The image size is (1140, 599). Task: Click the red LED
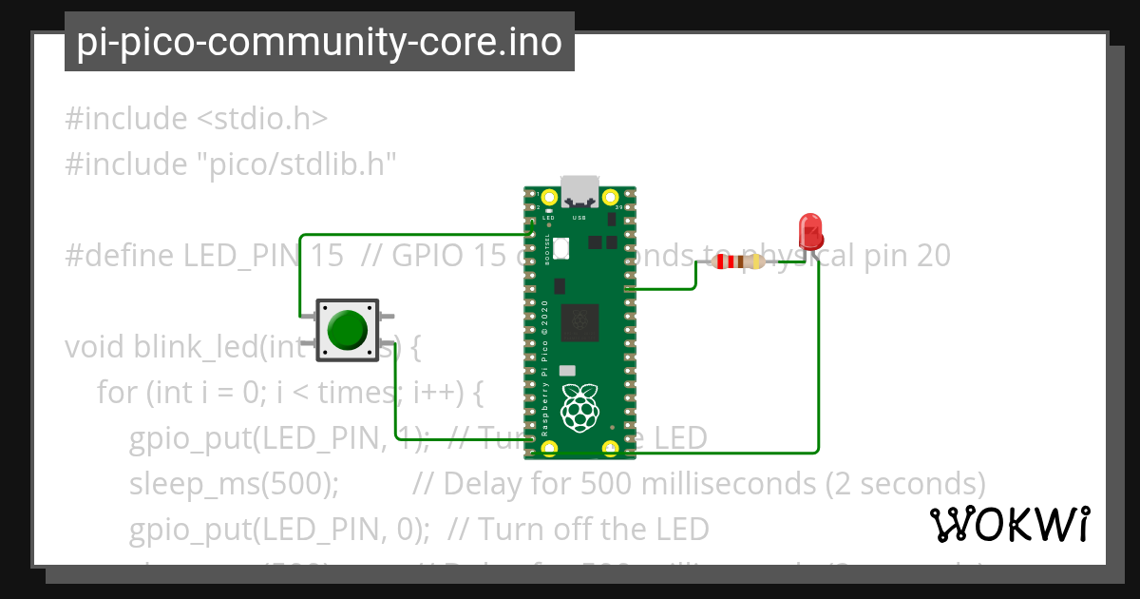tap(810, 231)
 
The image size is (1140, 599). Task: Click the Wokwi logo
tap(1009, 524)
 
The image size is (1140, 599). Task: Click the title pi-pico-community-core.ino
tap(319, 43)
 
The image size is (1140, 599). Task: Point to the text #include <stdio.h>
tap(197, 119)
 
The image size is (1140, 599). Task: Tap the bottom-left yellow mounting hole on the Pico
tap(548, 447)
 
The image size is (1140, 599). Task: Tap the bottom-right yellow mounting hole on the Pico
tap(612, 447)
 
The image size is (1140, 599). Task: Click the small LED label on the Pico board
tap(548, 217)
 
